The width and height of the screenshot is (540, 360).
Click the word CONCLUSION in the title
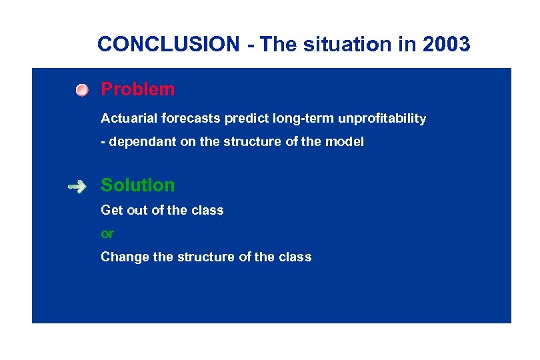tap(168, 45)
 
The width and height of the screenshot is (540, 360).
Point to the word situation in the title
tap(341, 45)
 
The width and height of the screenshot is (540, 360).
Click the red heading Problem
tap(137, 89)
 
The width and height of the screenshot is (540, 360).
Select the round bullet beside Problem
tap(81, 90)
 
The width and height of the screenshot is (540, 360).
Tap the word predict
tap(247, 119)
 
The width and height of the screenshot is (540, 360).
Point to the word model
tap(346, 143)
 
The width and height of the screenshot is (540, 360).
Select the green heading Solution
tap(137, 185)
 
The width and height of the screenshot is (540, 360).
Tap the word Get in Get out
tap(111, 211)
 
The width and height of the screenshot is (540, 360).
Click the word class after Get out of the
tap(207, 211)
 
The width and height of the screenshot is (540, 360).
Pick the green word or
tap(107, 234)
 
